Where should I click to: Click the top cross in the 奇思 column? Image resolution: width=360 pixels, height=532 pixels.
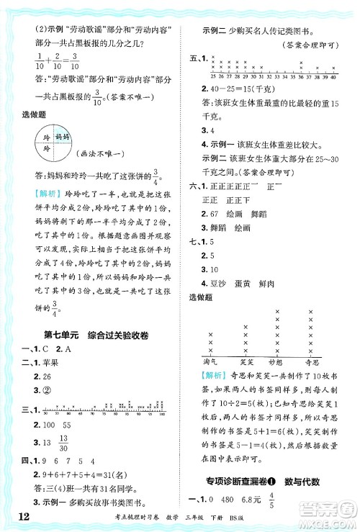click(311, 312)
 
